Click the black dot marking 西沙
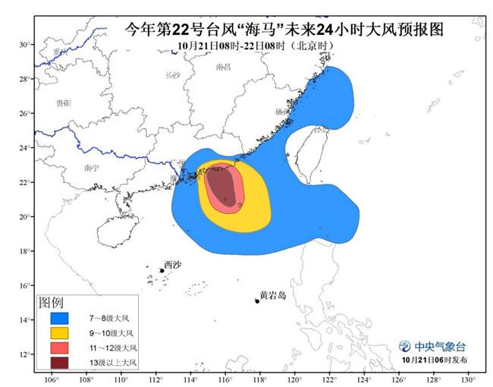point(162,271)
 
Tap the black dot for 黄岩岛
point(257,301)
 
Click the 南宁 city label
point(91,168)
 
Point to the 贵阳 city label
point(64,102)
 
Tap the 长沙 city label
point(172,74)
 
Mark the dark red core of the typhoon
point(222,183)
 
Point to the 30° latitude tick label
point(24,45)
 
